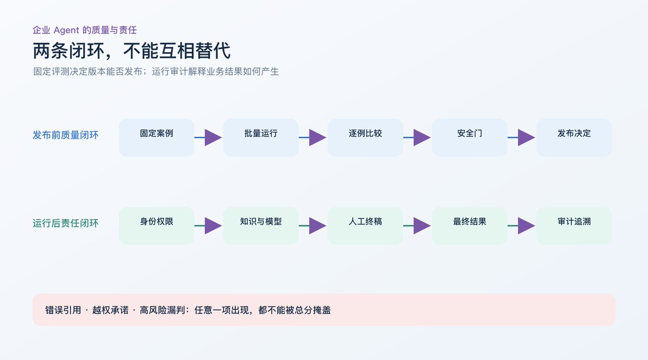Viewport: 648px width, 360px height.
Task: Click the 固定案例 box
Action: [x=157, y=138]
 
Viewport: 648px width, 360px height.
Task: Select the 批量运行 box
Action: [x=261, y=138]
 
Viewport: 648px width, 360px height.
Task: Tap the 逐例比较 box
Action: [x=366, y=138]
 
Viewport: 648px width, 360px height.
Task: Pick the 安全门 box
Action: [x=470, y=138]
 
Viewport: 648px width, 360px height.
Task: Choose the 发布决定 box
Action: [x=574, y=138]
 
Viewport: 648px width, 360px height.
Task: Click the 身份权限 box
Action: [x=157, y=226]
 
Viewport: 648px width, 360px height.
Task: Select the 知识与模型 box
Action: [x=261, y=226]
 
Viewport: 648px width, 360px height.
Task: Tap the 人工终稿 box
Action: [x=366, y=226]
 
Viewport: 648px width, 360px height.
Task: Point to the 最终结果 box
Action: [x=470, y=226]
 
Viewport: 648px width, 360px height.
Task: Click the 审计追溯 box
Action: [x=574, y=226]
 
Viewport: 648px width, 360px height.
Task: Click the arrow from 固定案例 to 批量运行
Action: [x=208, y=138]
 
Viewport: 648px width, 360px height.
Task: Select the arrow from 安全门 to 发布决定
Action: [x=522, y=138]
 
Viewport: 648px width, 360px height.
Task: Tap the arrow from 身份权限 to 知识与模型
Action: [x=208, y=226]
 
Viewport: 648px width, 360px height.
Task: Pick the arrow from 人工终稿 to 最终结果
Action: [x=417, y=226]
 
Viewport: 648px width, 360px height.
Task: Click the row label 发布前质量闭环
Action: [x=65, y=135]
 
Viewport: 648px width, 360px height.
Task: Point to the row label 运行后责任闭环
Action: [x=65, y=223]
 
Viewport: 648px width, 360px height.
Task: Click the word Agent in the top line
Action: [x=66, y=30]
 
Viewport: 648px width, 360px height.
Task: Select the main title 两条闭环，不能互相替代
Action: [x=132, y=51]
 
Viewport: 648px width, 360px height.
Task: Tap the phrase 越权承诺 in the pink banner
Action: [x=110, y=310]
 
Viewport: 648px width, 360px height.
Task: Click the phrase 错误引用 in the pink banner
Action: [x=63, y=310]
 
